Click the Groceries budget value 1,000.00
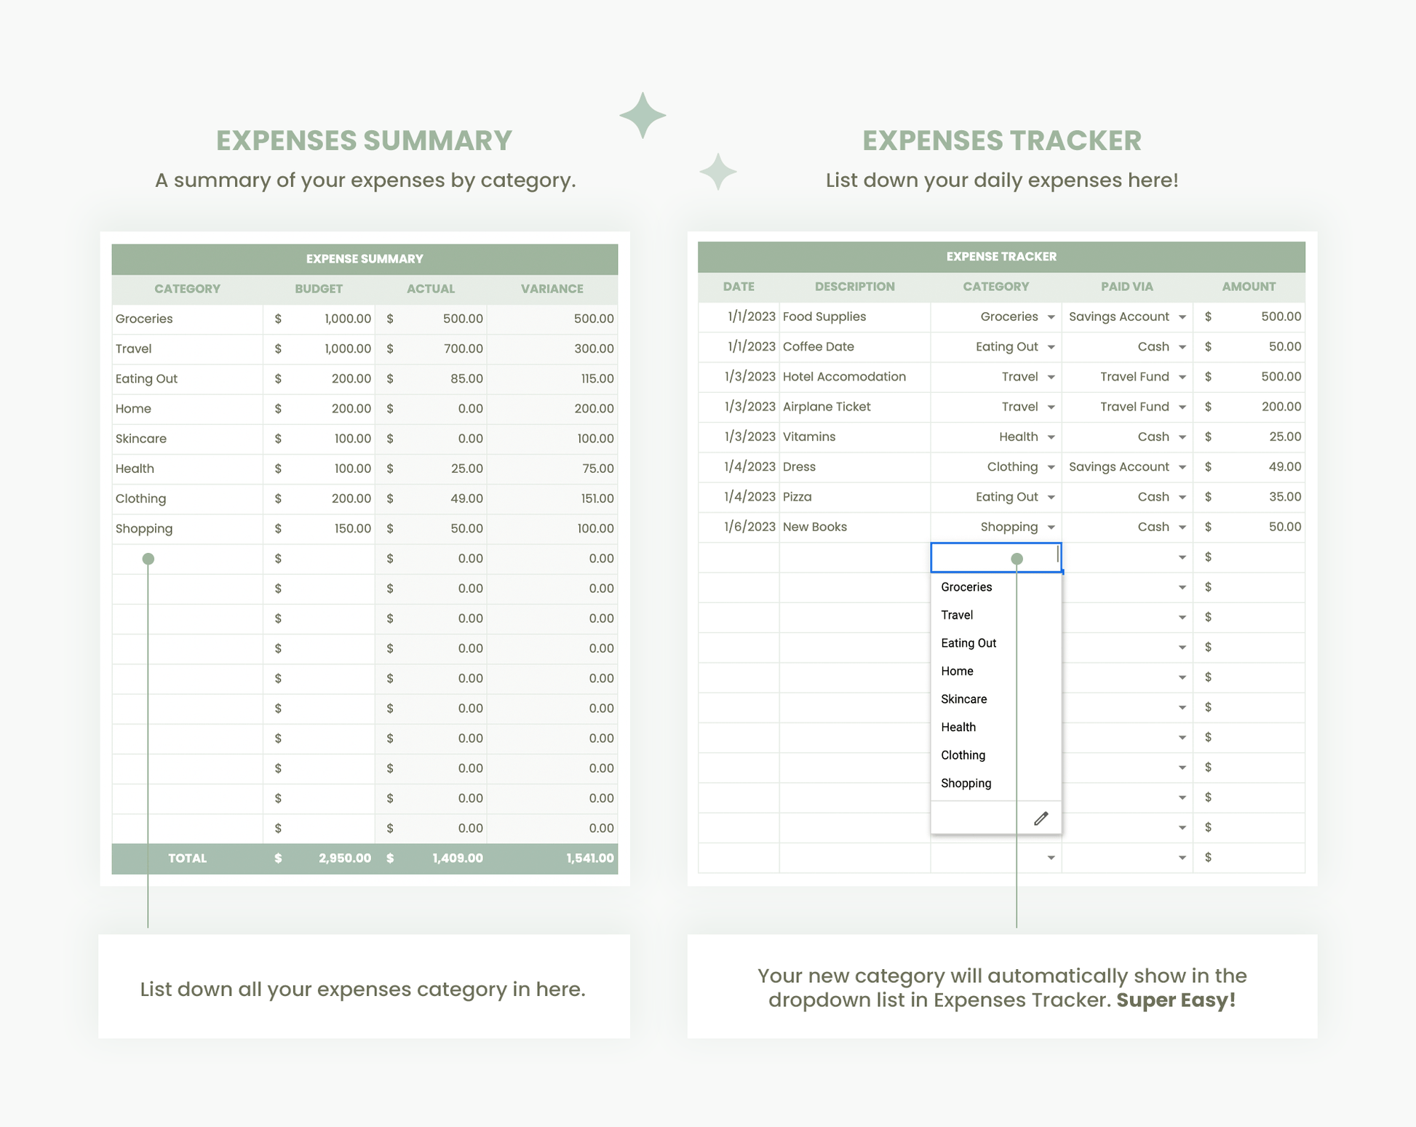click(x=347, y=319)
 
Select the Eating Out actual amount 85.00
click(x=466, y=378)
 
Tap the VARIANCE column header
click(x=552, y=289)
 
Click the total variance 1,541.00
click(x=589, y=858)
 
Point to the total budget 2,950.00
click(x=344, y=858)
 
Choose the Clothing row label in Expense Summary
click(x=140, y=498)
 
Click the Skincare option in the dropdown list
click(x=963, y=699)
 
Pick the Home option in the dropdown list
click(x=957, y=671)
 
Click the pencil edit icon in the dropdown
click(x=1041, y=819)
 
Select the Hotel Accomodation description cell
click(x=844, y=377)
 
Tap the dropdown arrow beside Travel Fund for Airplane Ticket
click(x=1182, y=407)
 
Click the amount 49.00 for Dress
click(x=1284, y=467)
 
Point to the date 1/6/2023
click(x=749, y=527)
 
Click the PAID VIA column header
click(x=1126, y=287)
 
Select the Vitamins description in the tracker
click(x=809, y=437)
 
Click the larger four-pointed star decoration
click(x=643, y=115)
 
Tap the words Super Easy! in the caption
click(x=1176, y=1000)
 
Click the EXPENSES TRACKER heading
click(x=1001, y=140)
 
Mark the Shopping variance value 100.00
click(x=595, y=528)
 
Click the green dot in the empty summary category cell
click(x=148, y=559)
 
